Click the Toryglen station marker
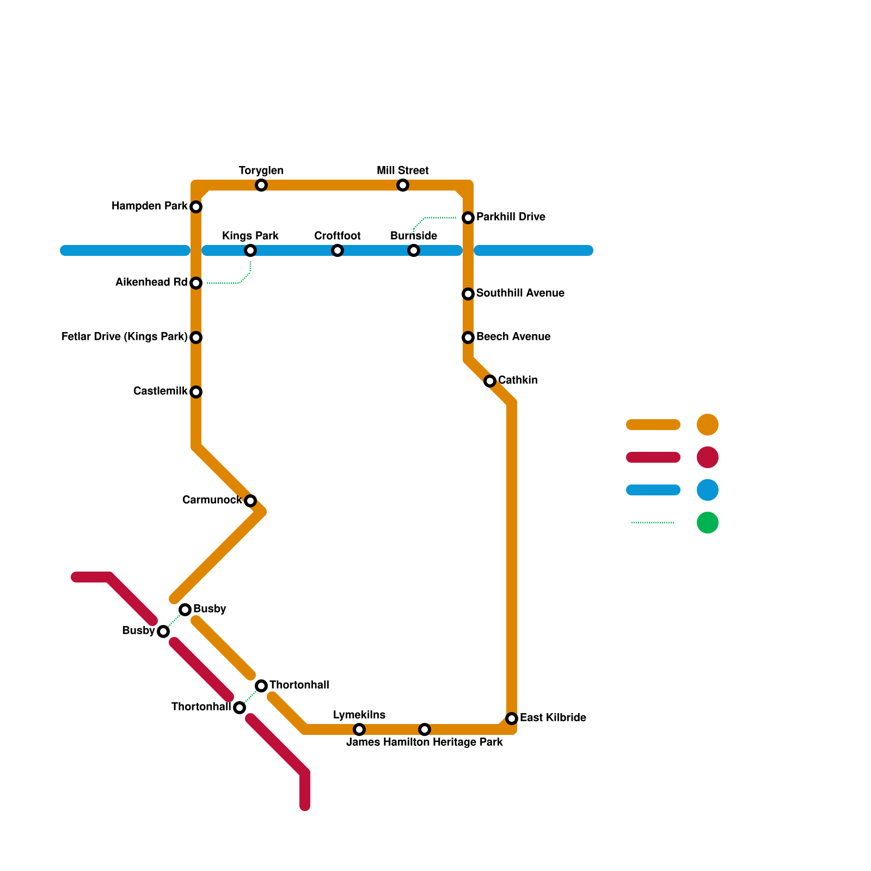pos(261,185)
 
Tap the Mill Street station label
pos(403,171)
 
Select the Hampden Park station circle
pos(196,207)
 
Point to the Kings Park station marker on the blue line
pos(250,250)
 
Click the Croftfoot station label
pos(338,236)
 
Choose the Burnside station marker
pos(414,250)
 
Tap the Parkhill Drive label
pos(511,217)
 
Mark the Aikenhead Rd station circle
pos(196,283)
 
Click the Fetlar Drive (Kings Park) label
pos(124,337)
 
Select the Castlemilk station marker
pos(196,392)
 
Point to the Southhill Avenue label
pos(520,293)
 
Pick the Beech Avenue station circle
pos(468,338)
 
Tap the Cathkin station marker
pos(490,381)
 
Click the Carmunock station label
pos(212,500)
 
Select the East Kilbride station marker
pos(511,719)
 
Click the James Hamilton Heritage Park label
pos(425,743)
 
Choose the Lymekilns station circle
pos(359,729)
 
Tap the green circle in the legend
pos(708,523)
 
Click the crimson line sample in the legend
pos(653,457)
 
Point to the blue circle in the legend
pos(708,490)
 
